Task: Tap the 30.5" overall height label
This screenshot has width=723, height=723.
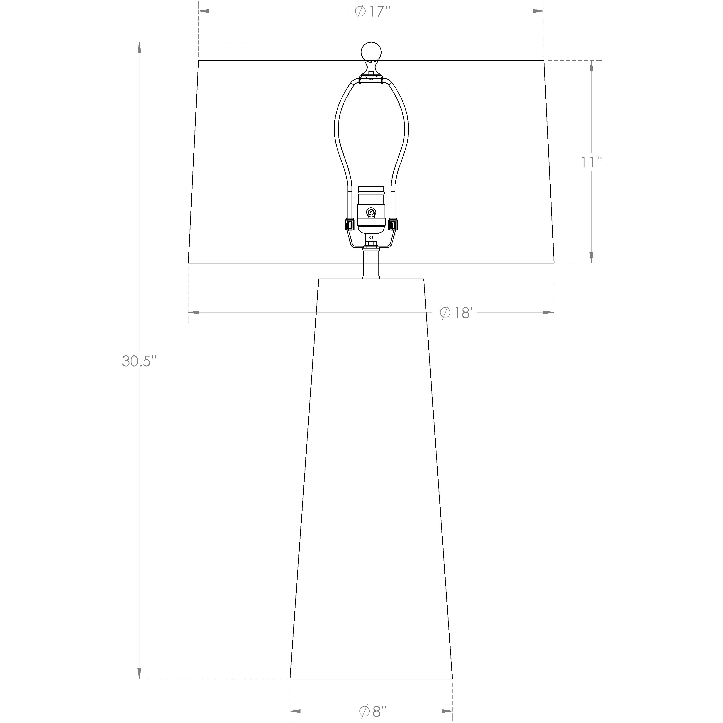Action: point(138,361)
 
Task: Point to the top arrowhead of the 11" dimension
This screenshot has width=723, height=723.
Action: point(591,66)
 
